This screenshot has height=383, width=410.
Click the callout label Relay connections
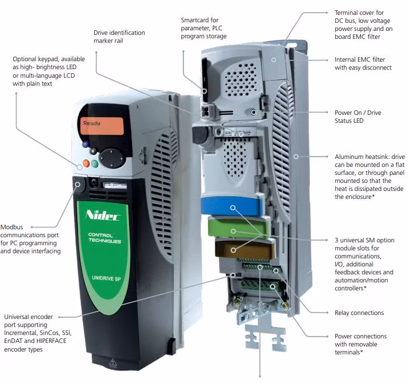(x=359, y=313)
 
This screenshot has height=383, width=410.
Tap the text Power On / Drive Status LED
(x=365, y=117)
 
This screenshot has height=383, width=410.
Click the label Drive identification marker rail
(x=119, y=37)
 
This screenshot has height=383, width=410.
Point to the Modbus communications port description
(x=31, y=239)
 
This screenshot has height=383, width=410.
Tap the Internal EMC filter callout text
(x=363, y=63)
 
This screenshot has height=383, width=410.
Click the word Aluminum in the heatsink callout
(x=351, y=157)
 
